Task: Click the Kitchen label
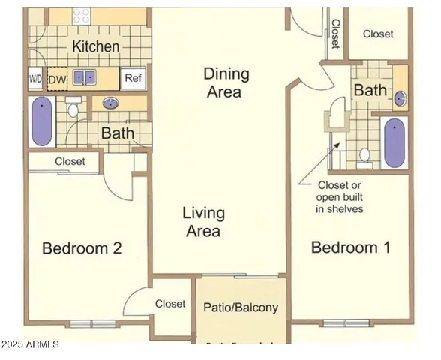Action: [95, 46]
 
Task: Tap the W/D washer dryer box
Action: [35, 78]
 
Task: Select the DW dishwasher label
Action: [57, 78]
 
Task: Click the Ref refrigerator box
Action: [133, 78]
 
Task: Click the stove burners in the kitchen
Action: [80, 15]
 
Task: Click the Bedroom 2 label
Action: [82, 248]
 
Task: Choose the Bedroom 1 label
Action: [350, 247]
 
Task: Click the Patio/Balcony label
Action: [241, 307]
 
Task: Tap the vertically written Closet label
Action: [336, 32]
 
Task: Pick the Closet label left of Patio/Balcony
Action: [170, 304]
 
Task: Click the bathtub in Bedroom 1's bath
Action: [394, 142]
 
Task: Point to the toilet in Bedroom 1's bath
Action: [365, 155]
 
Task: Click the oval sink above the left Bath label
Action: [112, 103]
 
